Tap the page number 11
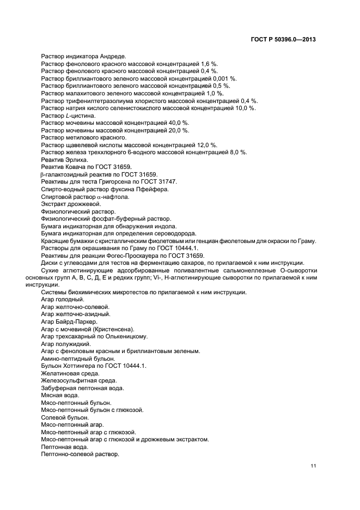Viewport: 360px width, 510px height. click(x=313, y=465)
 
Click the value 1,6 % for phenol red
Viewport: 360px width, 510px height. click(x=209, y=64)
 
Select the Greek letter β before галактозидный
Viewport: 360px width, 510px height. click(x=42, y=174)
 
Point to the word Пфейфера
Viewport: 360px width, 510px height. click(x=155, y=189)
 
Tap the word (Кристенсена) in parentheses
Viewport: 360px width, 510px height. click(x=113, y=329)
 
